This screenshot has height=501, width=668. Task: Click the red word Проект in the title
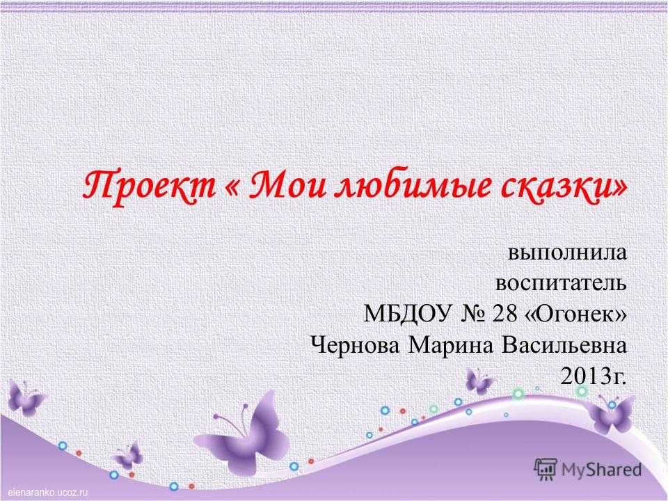[x=149, y=186]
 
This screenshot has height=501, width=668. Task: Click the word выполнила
[x=568, y=253]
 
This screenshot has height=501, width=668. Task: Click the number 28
[x=505, y=314]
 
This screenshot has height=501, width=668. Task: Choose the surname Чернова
[x=356, y=345]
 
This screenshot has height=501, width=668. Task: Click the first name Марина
[x=451, y=346]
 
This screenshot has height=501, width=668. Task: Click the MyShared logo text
[x=601, y=470]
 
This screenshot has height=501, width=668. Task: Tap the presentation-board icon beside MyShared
[x=546, y=469]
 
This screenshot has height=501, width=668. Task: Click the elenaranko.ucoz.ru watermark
[x=45, y=493]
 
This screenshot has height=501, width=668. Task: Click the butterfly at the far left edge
[x=25, y=398]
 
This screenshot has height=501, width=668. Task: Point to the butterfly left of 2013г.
[x=479, y=381]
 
